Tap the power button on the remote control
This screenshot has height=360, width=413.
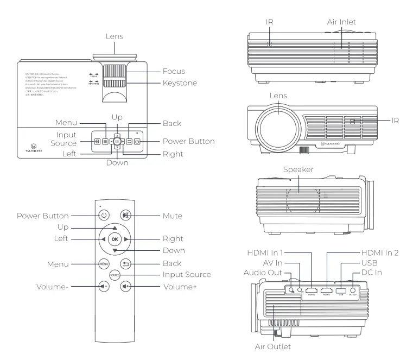point(103,215)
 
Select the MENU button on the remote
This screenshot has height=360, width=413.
point(104,264)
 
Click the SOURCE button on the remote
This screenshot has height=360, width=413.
point(115,275)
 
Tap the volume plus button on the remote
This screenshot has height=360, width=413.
point(126,286)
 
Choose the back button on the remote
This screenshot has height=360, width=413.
point(126,264)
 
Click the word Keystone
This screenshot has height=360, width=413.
point(180,83)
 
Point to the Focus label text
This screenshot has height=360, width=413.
point(174,71)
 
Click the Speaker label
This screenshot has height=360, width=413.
point(298,170)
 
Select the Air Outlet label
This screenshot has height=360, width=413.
point(272,346)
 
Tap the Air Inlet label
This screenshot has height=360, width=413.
point(341,22)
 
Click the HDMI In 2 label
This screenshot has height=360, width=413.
point(379,252)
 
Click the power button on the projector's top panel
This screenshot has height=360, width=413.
point(137,142)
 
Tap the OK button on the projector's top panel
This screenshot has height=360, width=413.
point(117,142)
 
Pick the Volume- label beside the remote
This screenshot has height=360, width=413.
point(53,286)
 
